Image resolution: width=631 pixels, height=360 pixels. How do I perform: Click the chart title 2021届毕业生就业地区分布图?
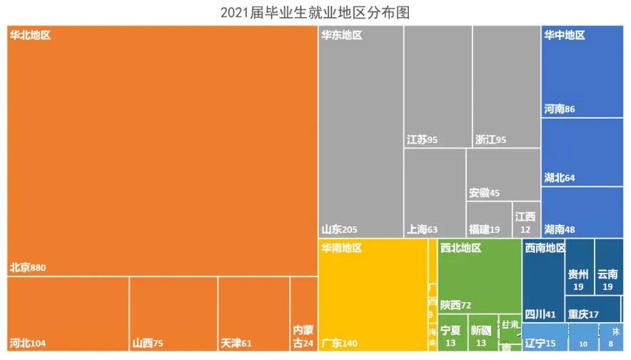315,12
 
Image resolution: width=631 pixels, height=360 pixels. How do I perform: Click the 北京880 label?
28,268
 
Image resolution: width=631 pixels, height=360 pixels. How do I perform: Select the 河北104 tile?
68,314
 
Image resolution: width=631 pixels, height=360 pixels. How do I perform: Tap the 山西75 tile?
173,314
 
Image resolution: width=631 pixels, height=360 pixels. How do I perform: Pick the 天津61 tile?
253,314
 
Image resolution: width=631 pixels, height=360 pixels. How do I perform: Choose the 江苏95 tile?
438,86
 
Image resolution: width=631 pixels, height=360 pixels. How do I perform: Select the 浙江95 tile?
506,86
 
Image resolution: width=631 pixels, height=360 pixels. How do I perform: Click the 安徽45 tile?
503,174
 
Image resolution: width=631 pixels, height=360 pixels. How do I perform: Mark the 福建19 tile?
489,220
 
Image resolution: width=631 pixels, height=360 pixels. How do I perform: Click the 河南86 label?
560,109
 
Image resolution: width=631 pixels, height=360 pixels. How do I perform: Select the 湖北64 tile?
582,153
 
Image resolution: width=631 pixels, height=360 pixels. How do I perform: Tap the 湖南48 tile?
582,212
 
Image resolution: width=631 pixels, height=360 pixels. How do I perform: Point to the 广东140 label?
340,344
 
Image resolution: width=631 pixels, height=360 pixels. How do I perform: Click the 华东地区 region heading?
342,35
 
